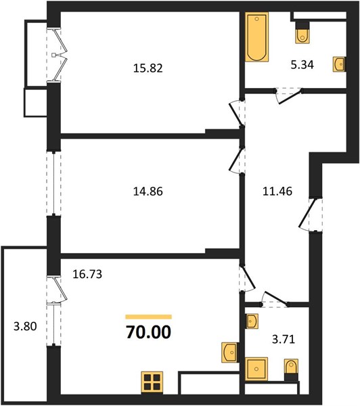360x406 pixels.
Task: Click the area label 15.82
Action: (x=148, y=68)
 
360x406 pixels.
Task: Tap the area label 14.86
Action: (x=148, y=191)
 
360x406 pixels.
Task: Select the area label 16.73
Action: (x=87, y=274)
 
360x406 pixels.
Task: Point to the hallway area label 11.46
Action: (x=277, y=191)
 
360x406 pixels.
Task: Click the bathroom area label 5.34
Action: (x=302, y=65)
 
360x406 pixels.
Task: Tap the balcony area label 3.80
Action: (x=25, y=326)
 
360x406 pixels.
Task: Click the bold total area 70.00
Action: (x=148, y=332)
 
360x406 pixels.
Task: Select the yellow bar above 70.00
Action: (x=148, y=317)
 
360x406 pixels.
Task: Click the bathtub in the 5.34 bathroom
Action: (x=256, y=37)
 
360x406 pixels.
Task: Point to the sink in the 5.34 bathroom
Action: (x=340, y=64)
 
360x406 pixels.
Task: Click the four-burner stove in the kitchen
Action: (x=152, y=382)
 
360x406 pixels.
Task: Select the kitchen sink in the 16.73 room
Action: (x=230, y=353)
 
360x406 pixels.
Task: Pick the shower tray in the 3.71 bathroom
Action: (x=256, y=369)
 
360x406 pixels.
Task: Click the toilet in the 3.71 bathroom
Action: (x=292, y=369)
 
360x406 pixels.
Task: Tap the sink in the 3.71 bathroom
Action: (x=252, y=321)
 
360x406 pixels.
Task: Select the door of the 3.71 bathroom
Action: (x=275, y=298)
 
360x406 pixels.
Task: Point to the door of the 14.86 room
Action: (x=236, y=161)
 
